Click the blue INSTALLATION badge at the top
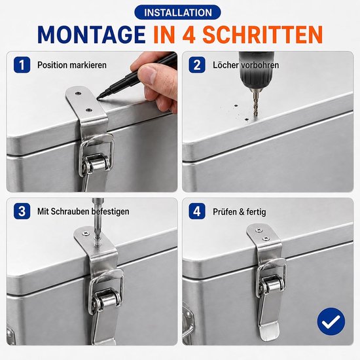pyautogui.click(x=177, y=12)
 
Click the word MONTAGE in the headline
pyautogui.click(x=92, y=35)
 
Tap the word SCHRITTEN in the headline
pyautogui.click(x=263, y=35)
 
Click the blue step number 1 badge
pyautogui.click(x=22, y=65)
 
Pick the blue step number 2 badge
pyautogui.click(x=197, y=65)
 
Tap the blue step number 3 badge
pyautogui.click(x=22, y=211)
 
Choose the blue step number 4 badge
pyautogui.click(x=197, y=211)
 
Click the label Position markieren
pyautogui.click(x=72, y=65)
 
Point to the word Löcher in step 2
pyautogui.click(x=226, y=65)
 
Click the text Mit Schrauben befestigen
pyautogui.click(x=83, y=211)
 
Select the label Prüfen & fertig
pyautogui.click(x=239, y=211)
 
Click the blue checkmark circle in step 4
pyautogui.click(x=331, y=321)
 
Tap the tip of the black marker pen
pyautogui.click(x=98, y=98)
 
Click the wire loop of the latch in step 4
pyautogui.click(x=272, y=273)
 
